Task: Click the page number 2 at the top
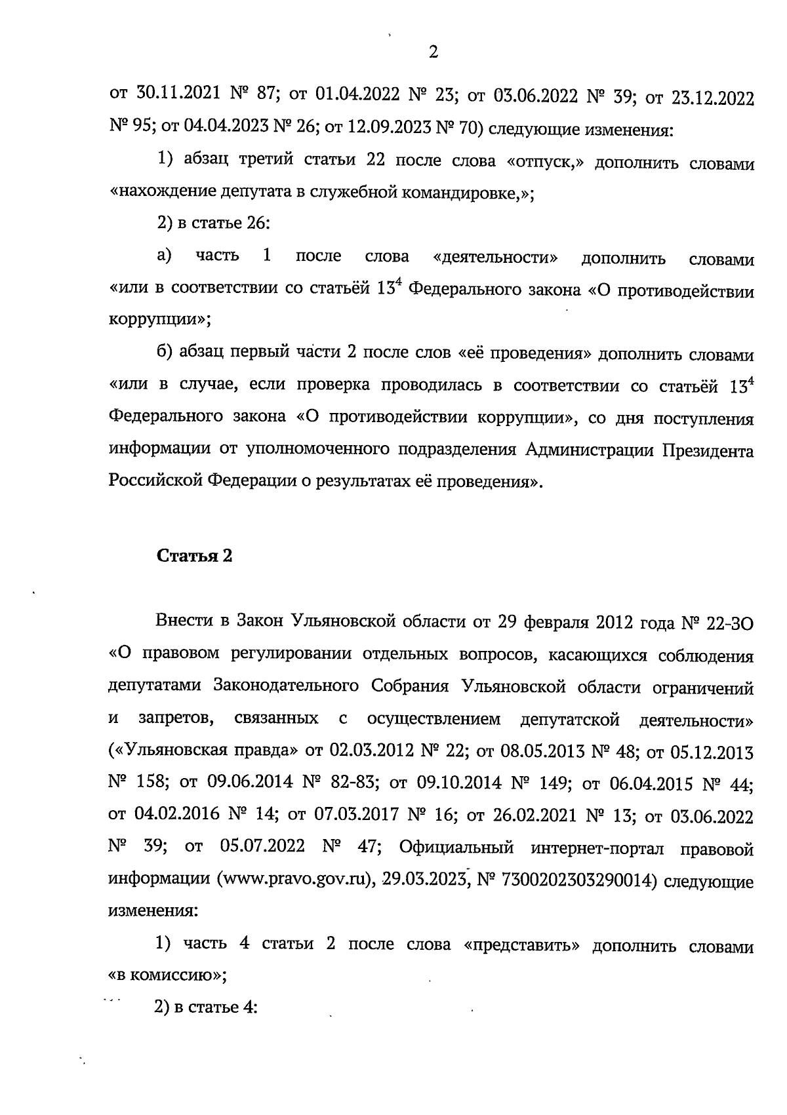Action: click(433, 52)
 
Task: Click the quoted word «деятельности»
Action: click(496, 257)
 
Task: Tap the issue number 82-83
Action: click(352, 783)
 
